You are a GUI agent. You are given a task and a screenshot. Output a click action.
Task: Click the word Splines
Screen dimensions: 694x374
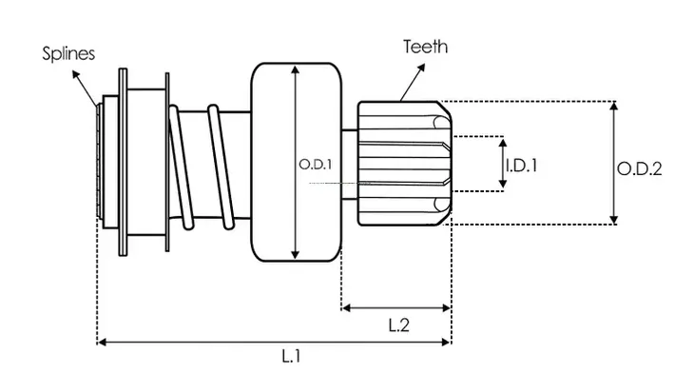(68, 53)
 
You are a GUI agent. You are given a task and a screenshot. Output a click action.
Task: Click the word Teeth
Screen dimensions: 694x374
(425, 47)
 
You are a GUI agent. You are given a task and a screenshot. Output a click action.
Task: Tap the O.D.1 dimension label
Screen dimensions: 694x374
(315, 165)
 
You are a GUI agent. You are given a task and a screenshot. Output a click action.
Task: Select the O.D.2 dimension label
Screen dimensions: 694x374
(639, 168)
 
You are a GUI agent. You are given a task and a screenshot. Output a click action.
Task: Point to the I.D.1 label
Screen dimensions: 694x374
(521, 166)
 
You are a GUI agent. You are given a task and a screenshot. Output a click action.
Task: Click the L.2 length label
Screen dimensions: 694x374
(398, 325)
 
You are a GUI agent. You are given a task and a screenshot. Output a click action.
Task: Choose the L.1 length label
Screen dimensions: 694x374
(291, 356)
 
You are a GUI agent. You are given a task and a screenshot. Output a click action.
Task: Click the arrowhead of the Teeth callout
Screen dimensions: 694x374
(421, 68)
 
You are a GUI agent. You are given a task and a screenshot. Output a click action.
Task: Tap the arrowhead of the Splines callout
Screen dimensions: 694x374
(76, 75)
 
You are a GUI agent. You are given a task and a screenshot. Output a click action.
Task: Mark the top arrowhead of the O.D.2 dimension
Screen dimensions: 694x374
(613, 106)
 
